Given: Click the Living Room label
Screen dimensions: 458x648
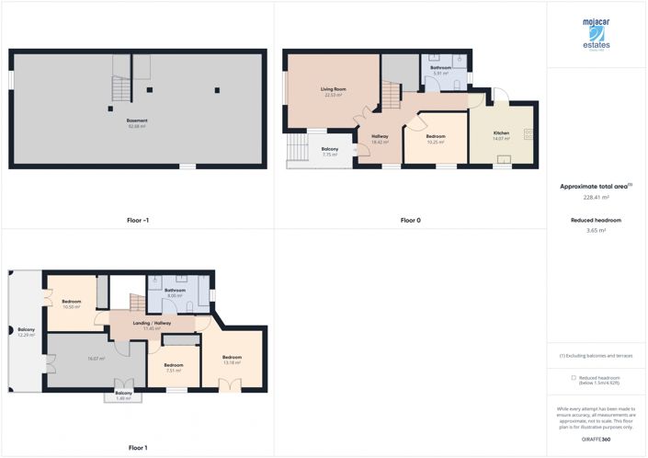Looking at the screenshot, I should click(x=331, y=90).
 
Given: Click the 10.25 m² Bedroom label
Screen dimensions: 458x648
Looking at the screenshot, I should click(x=435, y=139).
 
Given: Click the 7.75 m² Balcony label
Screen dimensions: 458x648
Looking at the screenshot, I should click(x=329, y=152).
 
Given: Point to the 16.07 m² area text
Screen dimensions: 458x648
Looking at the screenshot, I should click(x=95, y=359).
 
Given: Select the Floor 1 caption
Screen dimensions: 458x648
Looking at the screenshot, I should click(x=137, y=448).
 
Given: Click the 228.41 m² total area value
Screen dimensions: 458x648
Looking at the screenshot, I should click(x=597, y=197).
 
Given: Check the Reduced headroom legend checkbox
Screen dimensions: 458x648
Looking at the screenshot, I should click(x=574, y=377).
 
